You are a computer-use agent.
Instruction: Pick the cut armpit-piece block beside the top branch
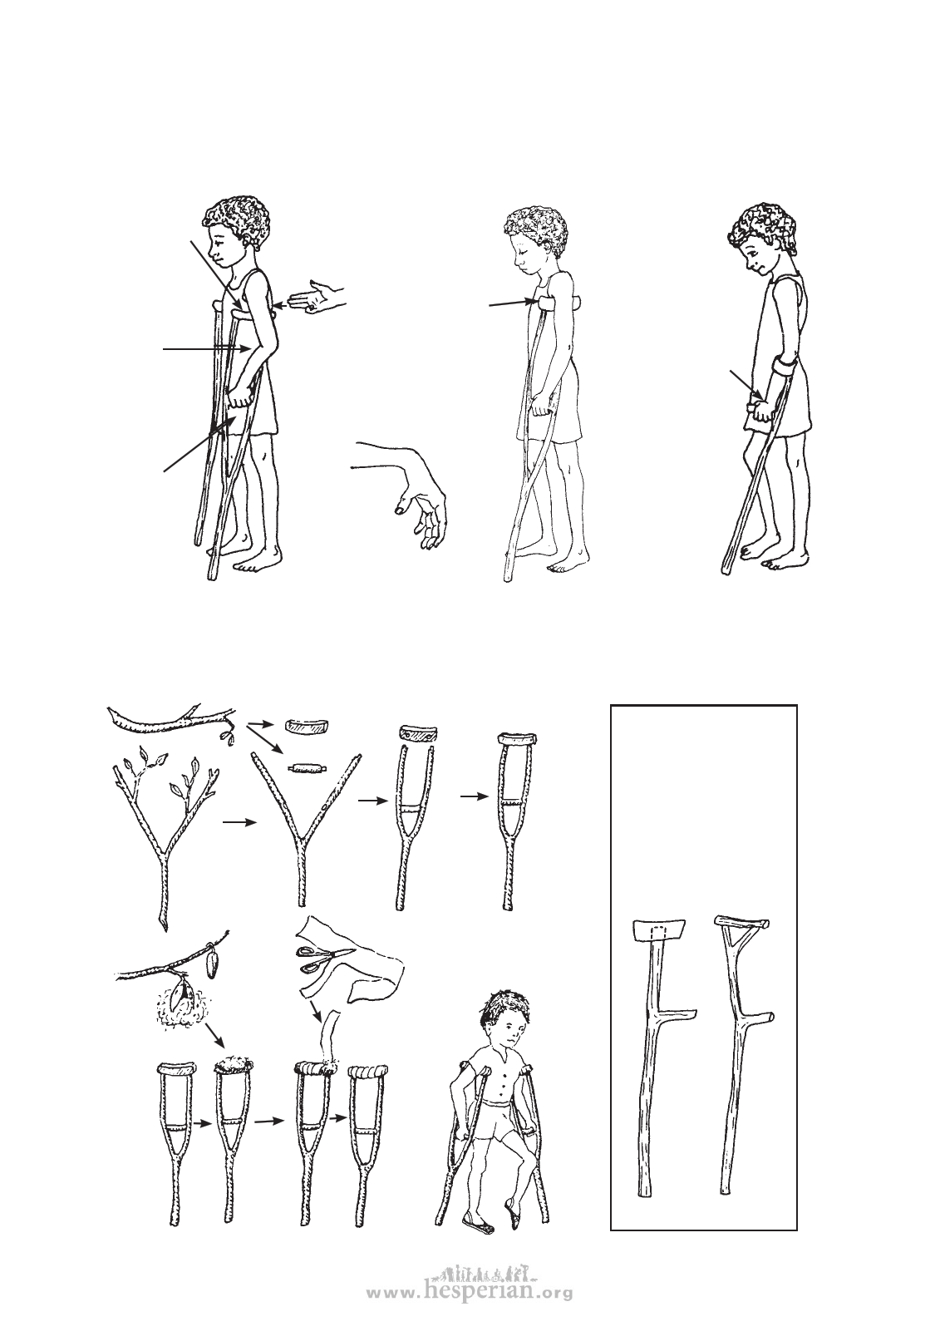tap(308, 726)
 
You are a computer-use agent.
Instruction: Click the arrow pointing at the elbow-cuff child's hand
tap(746, 384)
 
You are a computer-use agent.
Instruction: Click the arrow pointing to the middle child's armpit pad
tap(513, 303)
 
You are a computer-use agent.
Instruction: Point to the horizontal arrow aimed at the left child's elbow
tap(206, 348)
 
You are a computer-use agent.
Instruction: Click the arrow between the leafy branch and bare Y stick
tap(239, 822)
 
